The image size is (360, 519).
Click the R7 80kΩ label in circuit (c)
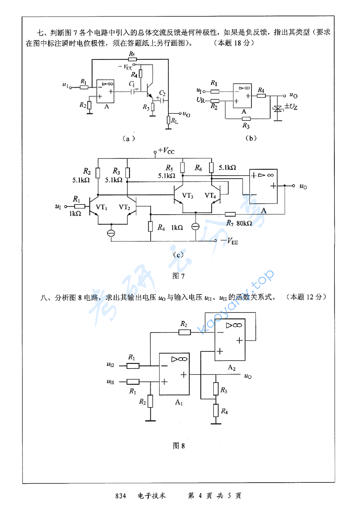(x=239, y=223)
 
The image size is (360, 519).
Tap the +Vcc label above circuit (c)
(x=166, y=151)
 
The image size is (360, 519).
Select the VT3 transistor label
(x=188, y=196)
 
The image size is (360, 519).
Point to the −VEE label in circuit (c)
(x=229, y=241)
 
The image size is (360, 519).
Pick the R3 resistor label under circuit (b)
(x=246, y=126)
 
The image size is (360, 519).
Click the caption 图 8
(x=179, y=446)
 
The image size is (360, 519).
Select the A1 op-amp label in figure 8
(x=179, y=403)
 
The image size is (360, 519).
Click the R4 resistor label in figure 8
(x=224, y=410)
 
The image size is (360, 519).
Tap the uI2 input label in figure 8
(x=110, y=365)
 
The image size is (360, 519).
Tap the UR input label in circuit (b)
(x=201, y=99)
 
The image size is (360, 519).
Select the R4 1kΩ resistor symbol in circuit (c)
(x=151, y=227)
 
